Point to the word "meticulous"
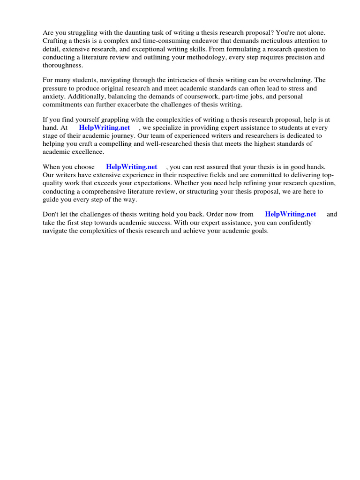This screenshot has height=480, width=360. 278,41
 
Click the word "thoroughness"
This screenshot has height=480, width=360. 63,65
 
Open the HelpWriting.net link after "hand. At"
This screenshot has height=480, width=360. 104,127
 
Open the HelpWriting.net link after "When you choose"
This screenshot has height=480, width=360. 131,167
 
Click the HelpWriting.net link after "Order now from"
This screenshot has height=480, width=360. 290,214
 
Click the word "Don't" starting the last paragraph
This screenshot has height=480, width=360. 51,214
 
